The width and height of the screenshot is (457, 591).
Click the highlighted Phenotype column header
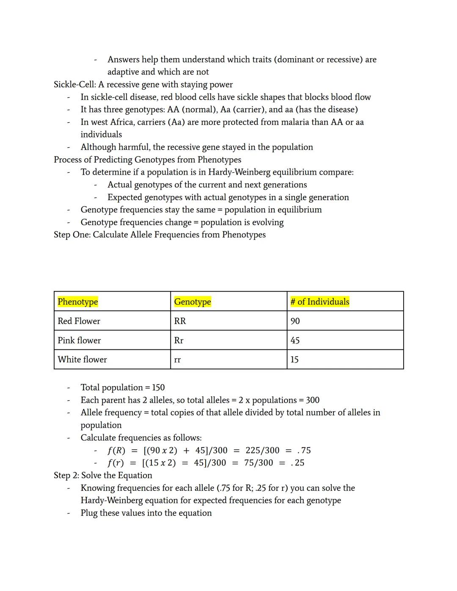click(x=78, y=302)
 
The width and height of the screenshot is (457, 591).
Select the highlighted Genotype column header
click(x=193, y=302)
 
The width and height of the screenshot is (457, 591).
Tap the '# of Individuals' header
click(x=320, y=302)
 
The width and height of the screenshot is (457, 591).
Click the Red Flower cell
click(x=79, y=321)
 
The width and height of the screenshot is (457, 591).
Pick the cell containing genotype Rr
click(x=179, y=341)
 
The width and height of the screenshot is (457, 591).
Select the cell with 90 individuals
click(x=295, y=321)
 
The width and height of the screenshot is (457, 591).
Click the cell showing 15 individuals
click(x=295, y=360)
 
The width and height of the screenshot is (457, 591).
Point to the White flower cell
click(x=83, y=360)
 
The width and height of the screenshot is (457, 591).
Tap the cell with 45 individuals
click(x=295, y=341)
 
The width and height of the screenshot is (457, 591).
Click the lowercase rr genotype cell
click(x=177, y=360)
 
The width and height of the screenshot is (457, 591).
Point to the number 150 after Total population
click(x=158, y=388)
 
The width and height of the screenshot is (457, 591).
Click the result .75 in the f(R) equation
click(x=304, y=450)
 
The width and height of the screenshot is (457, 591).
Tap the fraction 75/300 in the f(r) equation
click(x=259, y=462)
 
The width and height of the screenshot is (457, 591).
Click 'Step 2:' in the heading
click(x=66, y=475)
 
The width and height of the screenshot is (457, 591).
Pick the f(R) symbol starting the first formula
click(x=116, y=450)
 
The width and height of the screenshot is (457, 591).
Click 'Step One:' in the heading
click(x=72, y=234)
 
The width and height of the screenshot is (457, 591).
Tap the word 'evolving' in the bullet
click(x=268, y=222)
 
